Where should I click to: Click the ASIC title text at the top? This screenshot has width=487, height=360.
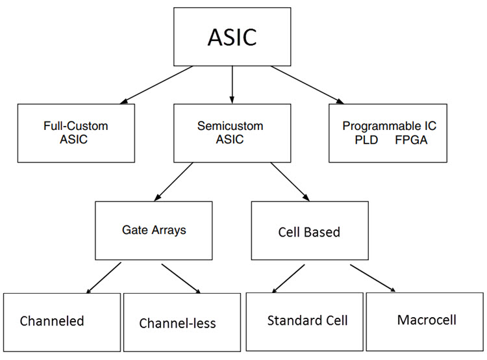click(232, 37)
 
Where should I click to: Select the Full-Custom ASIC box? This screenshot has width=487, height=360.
click(76, 133)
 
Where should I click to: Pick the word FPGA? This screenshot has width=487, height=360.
click(411, 140)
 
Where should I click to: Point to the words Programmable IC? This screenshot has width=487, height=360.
click(388, 126)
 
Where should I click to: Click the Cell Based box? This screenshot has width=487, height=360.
click(309, 231)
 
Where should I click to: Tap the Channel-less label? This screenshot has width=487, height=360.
click(177, 323)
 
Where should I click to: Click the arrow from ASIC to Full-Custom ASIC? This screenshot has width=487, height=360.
click(156, 84)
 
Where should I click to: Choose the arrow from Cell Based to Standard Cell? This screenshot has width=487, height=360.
click(287, 277)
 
